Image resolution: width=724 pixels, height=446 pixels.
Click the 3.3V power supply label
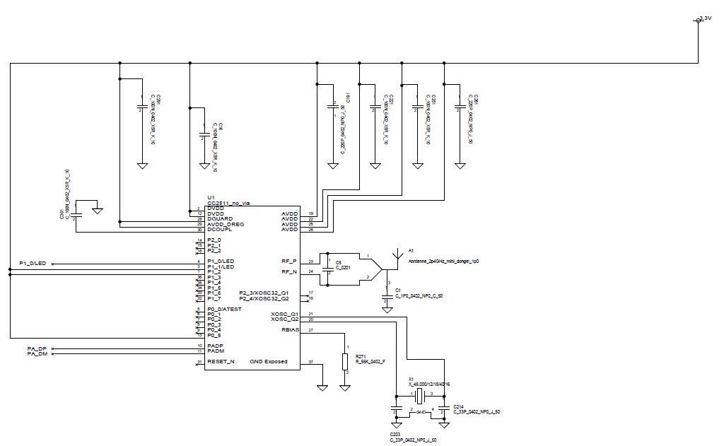(x=704, y=18)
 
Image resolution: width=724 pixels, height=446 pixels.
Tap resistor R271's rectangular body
(x=344, y=361)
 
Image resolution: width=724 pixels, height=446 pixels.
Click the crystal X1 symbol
(x=419, y=395)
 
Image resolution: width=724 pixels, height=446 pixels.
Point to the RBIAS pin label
(x=289, y=330)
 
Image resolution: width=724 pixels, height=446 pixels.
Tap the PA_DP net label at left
(x=37, y=350)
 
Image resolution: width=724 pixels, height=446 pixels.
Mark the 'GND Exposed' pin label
(x=269, y=362)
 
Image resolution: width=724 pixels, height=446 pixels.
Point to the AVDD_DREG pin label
(x=226, y=224)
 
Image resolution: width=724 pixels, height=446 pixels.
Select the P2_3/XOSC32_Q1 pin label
(x=264, y=293)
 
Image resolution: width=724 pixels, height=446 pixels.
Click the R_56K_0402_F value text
(x=370, y=362)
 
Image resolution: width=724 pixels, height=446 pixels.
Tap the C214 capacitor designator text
(x=458, y=406)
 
